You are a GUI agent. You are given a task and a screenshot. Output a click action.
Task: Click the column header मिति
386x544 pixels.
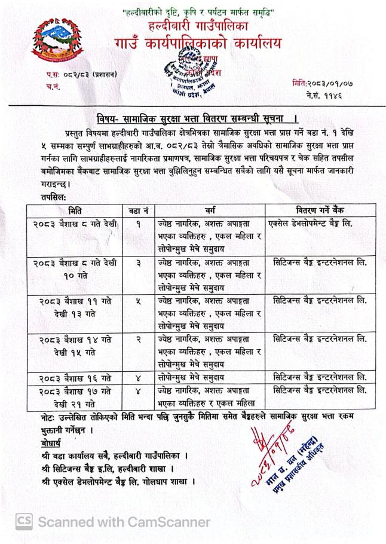76,210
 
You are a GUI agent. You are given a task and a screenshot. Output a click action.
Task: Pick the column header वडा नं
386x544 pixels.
139,210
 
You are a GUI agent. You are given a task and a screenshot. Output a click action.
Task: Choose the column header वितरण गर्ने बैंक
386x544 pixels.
320,210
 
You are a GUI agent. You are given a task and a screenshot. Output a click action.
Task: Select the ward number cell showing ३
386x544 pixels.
139,262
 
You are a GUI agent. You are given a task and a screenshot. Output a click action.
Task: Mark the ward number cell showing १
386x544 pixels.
139,224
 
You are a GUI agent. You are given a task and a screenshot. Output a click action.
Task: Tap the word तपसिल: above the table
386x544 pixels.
39,197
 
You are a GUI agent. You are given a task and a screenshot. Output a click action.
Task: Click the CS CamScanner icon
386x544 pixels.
24,522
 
